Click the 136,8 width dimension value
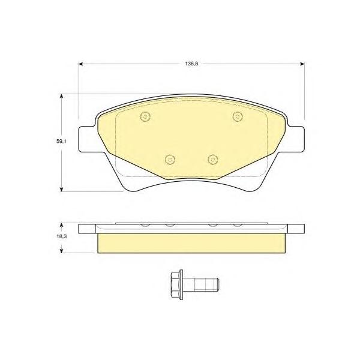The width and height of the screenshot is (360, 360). (191, 64)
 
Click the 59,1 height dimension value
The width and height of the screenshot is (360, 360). (61, 142)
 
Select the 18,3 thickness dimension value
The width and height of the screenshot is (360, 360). (62, 236)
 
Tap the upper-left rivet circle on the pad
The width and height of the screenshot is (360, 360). (145, 116)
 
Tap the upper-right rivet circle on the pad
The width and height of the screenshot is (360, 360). (238, 116)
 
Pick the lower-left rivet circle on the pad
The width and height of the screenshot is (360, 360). (170, 159)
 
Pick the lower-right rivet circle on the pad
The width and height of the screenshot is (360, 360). (212, 159)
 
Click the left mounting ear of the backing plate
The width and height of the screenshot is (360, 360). (87, 139)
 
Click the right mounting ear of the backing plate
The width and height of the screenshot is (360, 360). (296, 139)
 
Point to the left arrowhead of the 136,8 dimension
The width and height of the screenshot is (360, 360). (80, 64)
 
